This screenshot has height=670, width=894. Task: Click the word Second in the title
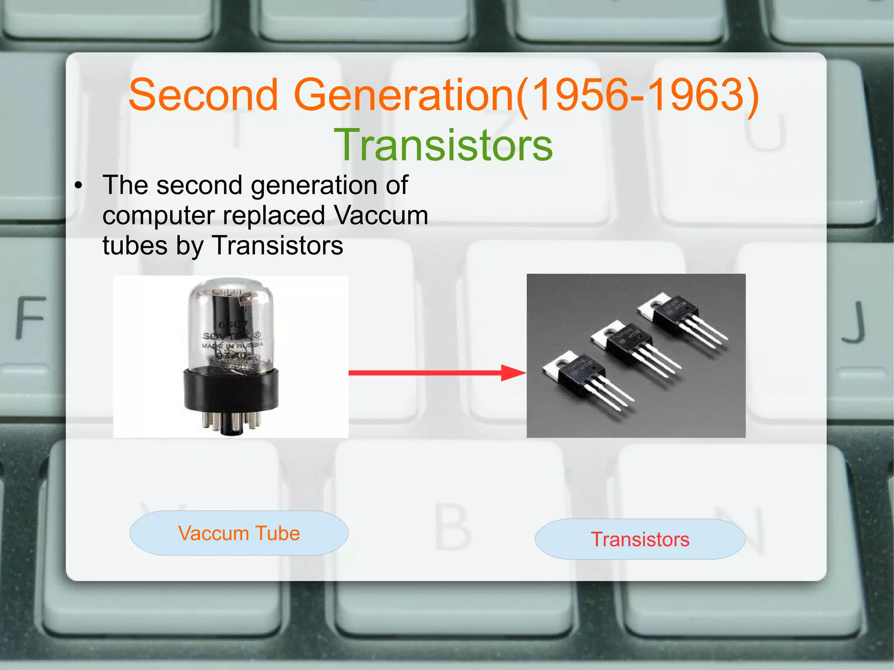(203, 95)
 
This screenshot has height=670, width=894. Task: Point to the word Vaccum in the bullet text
(380, 215)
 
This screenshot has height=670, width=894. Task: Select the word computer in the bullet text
(158, 216)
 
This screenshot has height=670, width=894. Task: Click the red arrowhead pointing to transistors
(513, 373)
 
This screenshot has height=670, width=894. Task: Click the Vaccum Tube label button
(239, 533)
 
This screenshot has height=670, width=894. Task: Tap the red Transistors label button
(640, 539)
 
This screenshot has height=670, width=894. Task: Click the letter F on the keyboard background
(31, 318)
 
